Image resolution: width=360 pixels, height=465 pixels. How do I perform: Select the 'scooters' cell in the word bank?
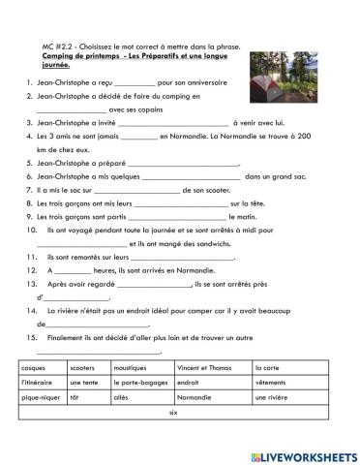(83, 368)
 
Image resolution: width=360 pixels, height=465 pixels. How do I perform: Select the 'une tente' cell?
(85, 383)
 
